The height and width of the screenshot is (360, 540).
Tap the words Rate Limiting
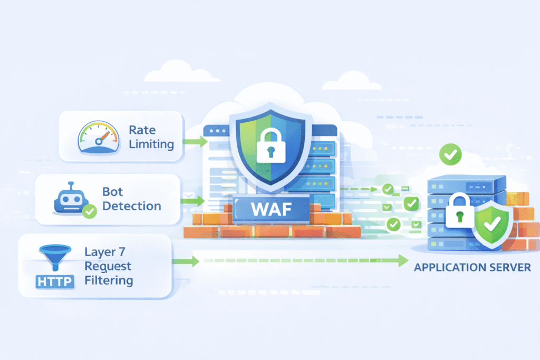[151, 137]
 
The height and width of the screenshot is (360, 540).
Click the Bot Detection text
[131, 199]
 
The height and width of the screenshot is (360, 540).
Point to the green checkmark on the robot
[90, 212]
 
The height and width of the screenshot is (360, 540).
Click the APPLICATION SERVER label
[472, 267]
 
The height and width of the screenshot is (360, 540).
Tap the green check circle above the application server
[450, 154]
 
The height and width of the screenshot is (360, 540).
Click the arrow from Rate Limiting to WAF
[195, 141]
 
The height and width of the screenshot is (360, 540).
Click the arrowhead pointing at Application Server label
[403, 260]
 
